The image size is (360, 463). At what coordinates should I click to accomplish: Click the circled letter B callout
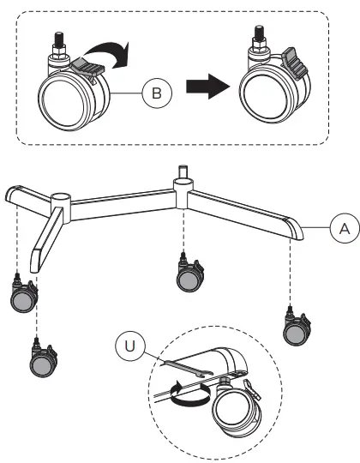click(x=155, y=94)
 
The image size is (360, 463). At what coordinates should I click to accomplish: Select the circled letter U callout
click(x=128, y=346)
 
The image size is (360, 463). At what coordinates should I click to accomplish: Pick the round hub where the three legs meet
click(x=60, y=206)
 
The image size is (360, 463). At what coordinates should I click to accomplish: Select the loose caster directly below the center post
click(x=186, y=274)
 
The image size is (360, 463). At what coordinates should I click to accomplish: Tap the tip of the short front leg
click(x=38, y=258)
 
